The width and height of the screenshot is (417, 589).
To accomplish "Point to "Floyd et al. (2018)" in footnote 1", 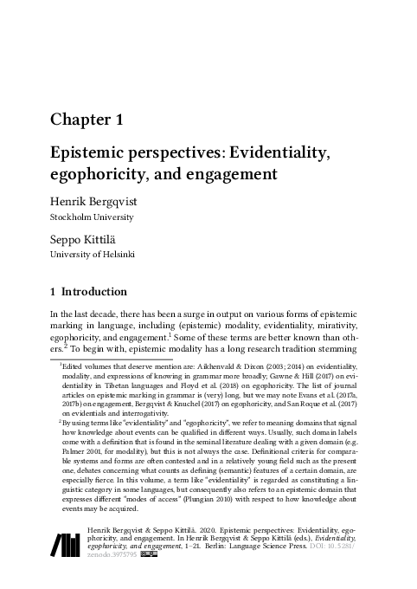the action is pos(202,388).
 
